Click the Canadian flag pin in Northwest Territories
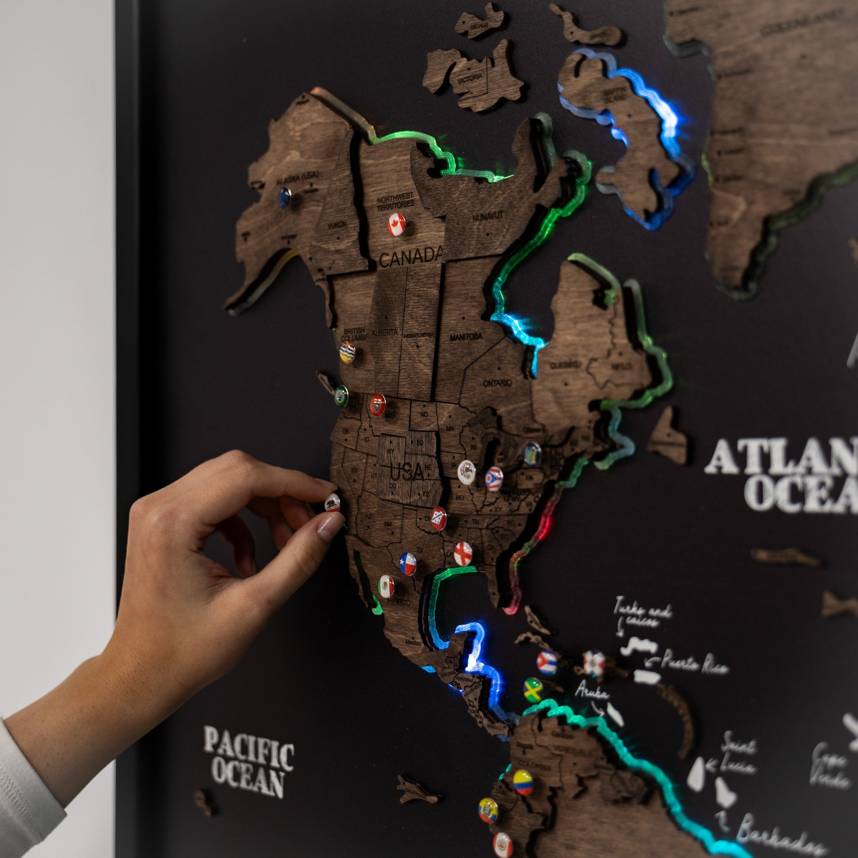pyautogui.click(x=396, y=224)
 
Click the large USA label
pyautogui.click(x=407, y=471)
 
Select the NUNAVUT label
pyautogui.click(x=488, y=217)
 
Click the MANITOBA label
pyautogui.click(x=466, y=337)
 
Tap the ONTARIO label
pyautogui.click(x=497, y=382)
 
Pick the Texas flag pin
pyautogui.click(x=407, y=564)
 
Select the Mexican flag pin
pyautogui.click(x=386, y=586)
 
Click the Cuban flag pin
pyautogui.click(x=546, y=662)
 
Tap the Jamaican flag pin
pyautogui.click(x=533, y=689)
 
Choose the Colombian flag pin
pyautogui.click(x=523, y=782)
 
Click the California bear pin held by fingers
pyautogui.click(x=332, y=503)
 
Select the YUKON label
pyautogui.click(x=337, y=225)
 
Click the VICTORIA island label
pyautogui.click(x=470, y=77)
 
